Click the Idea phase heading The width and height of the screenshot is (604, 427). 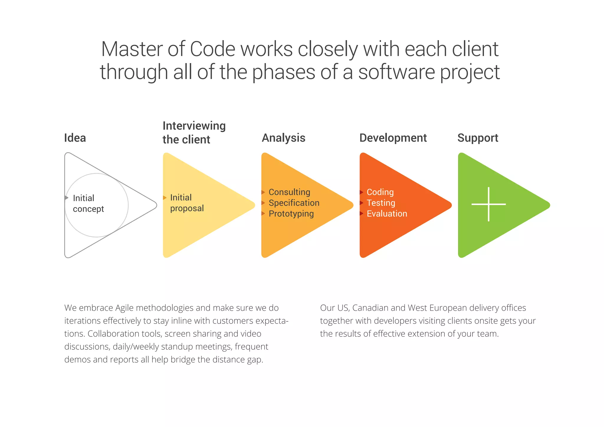coord(75,138)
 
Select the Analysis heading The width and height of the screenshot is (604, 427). coord(283,138)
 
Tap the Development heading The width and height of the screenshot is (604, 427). coord(393,138)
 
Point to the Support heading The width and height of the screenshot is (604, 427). coord(477,138)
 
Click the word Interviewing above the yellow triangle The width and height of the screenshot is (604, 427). coord(194,126)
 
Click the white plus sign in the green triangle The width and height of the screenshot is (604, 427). coord(488,204)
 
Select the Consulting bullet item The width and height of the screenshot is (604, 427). coord(289,192)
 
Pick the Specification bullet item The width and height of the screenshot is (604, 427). coord(294,203)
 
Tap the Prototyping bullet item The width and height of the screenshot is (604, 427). coord(291,214)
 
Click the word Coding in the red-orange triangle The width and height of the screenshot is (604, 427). coord(380,192)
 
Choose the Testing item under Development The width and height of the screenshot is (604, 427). coord(381,203)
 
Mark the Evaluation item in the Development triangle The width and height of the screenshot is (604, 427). coord(387,214)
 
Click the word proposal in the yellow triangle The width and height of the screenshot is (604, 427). coord(187,208)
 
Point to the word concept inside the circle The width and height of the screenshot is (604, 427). coord(88,209)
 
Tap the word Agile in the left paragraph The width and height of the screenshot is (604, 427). coord(124,308)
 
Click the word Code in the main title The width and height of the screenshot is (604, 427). coord(212,49)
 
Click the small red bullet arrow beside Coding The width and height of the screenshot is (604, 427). coord(361,192)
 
